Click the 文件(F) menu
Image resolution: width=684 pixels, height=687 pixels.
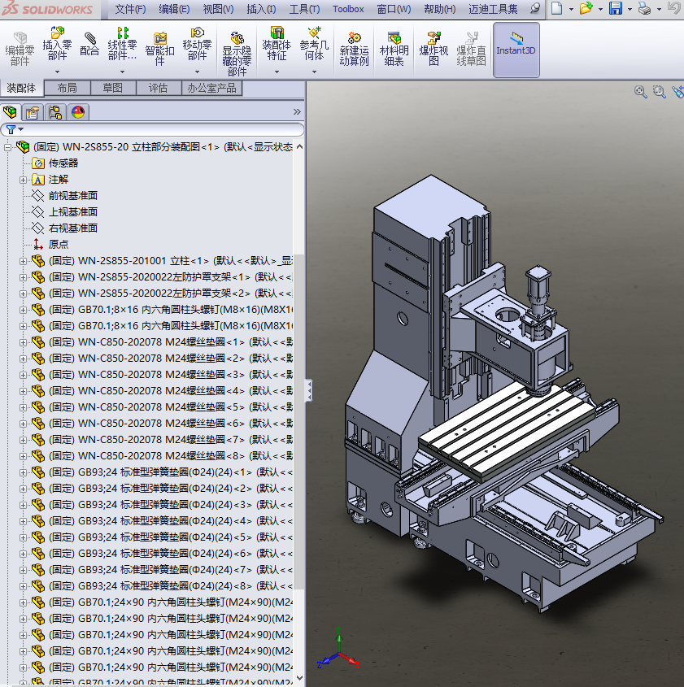(129, 9)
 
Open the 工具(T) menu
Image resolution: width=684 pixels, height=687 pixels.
(304, 9)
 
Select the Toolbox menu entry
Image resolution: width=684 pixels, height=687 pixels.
(348, 9)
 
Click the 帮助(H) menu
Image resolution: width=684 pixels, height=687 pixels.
(439, 9)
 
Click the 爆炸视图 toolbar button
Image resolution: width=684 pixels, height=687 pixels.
(433, 48)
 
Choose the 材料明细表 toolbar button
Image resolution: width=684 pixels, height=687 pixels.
(394, 48)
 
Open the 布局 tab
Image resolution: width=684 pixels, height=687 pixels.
(67, 88)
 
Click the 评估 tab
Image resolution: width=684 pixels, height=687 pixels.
(158, 88)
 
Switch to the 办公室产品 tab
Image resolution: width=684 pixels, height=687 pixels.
(211, 88)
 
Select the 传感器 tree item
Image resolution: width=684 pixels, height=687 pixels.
(63, 163)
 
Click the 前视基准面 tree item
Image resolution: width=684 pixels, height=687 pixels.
(72, 195)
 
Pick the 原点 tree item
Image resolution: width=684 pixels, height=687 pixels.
(59, 244)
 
